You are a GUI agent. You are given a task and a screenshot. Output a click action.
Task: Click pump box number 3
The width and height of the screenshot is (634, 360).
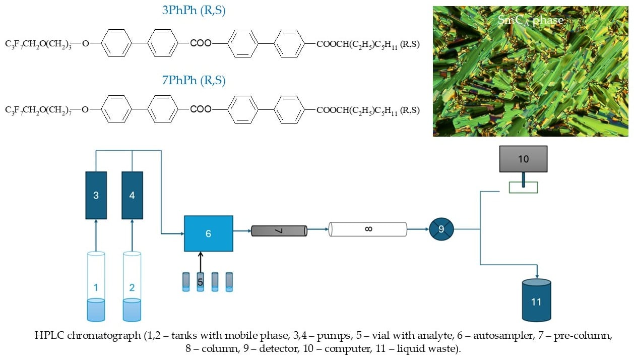pos(96,195)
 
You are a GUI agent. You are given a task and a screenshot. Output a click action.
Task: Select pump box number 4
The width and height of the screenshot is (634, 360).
pos(132,195)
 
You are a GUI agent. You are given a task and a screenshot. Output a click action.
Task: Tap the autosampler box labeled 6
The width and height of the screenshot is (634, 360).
pos(208,233)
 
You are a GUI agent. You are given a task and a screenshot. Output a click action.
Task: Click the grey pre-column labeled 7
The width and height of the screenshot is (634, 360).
pos(279,230)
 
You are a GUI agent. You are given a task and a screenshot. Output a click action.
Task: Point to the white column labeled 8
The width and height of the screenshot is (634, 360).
pos(367,230)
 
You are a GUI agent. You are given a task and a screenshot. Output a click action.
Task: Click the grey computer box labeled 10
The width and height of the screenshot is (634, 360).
pos(524,159)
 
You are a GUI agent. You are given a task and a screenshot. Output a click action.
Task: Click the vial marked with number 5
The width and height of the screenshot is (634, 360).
pos(200,282)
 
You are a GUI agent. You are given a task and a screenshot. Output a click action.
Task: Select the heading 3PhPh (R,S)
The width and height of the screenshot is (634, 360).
pos(194,11)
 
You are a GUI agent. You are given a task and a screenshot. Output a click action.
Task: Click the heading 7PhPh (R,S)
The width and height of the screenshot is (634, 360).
pos(194,80)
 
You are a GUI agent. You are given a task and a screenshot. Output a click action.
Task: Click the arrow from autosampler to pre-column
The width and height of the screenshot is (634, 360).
pos(242,231)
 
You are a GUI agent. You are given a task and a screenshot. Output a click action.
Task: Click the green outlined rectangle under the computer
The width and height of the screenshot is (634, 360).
pos(523,188)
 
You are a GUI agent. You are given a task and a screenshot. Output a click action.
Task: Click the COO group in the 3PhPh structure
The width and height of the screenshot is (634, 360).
pos(201,43)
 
